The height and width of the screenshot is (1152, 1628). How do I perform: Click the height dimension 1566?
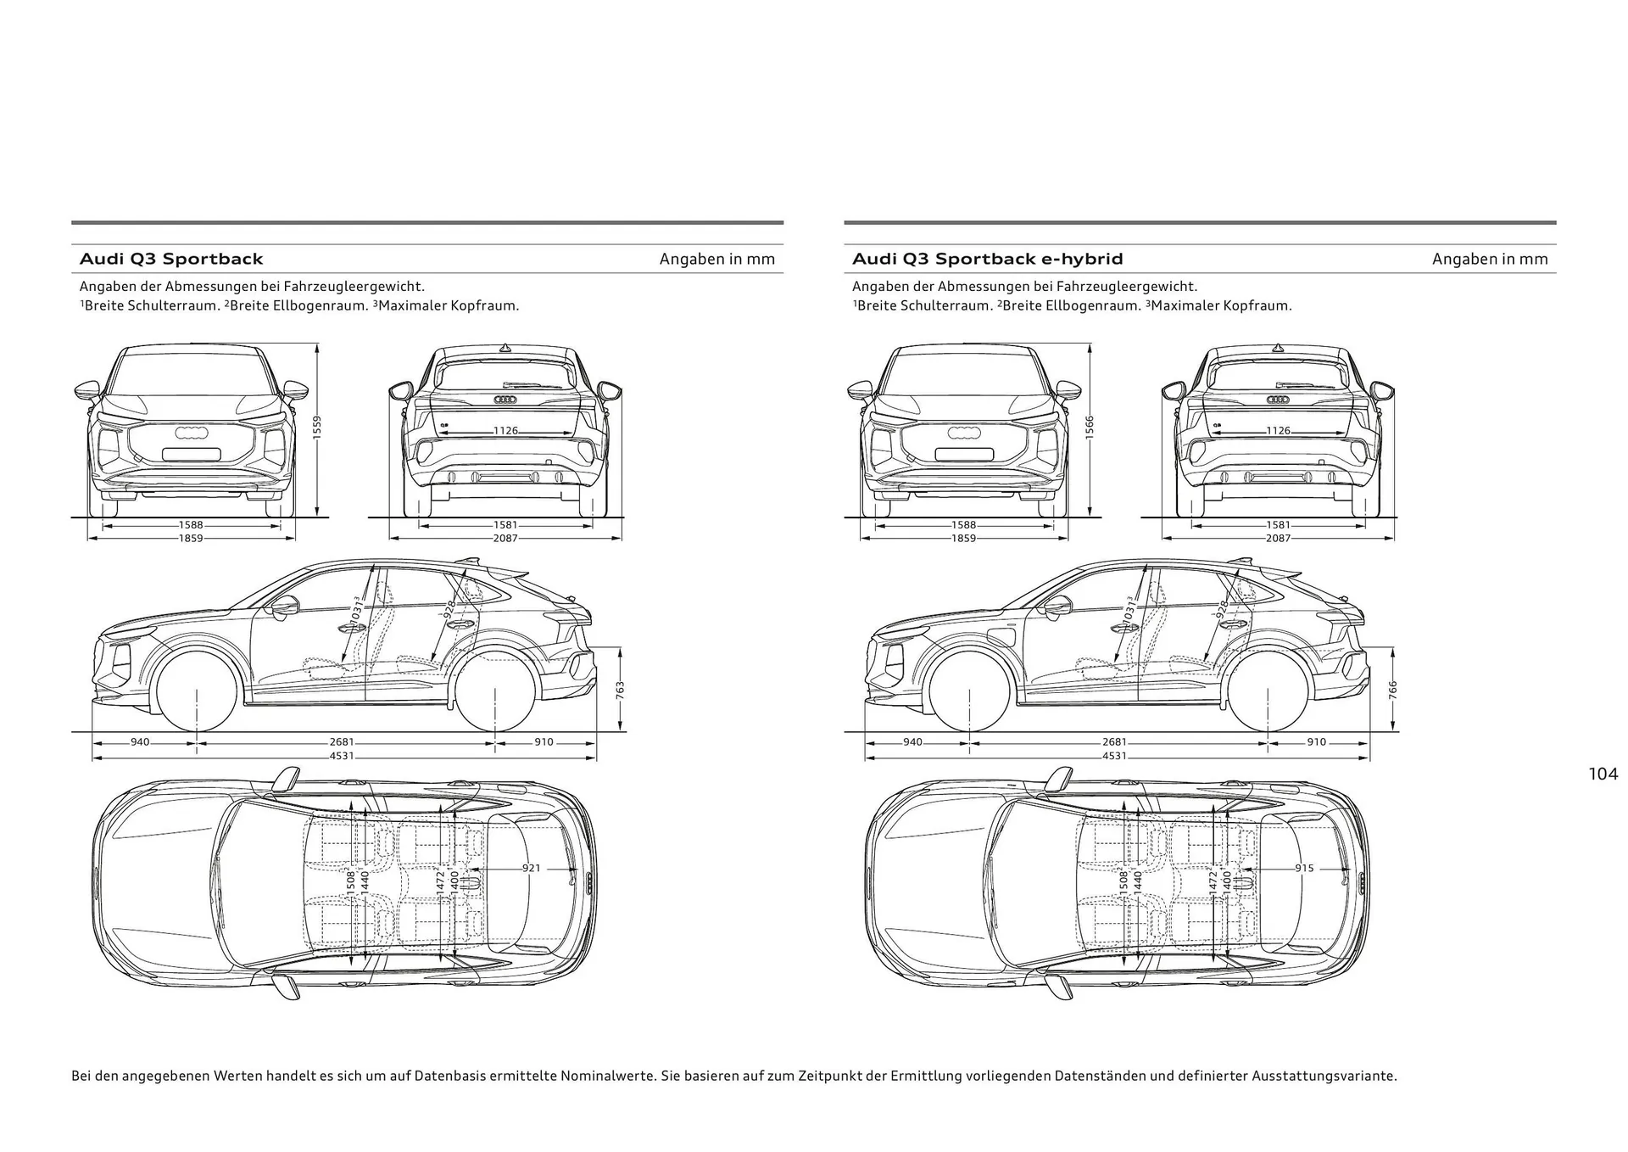(x=1090, y=427)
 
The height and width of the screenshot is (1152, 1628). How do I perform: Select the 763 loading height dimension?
(x=621, y=691)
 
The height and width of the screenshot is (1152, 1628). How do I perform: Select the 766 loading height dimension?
(x=1392, y=691)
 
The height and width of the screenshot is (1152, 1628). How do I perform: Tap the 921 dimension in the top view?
(x=531, y=868)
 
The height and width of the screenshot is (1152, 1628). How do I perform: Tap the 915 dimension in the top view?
(x=1304, y=868)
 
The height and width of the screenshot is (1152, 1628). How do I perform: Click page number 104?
(x=1603, y=774)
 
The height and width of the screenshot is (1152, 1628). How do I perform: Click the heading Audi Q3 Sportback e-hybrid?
(x=987, y=259)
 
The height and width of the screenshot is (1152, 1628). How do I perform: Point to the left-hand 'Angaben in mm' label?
(x=716, y=259)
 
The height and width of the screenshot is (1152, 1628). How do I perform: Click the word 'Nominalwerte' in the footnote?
(x=613, y=1076)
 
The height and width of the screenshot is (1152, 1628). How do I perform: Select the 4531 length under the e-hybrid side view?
(x=1114, y=756)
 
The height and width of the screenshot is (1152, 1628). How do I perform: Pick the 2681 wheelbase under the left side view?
(x=342, y=742)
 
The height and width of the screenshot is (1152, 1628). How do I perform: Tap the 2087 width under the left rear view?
(x=505, y=539)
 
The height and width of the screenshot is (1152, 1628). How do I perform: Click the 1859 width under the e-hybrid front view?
(x=963, y=539)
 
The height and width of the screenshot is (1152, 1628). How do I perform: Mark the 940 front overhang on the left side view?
(x=140, y=742)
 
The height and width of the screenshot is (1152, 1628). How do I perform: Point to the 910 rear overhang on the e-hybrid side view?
(x=1316, y=742)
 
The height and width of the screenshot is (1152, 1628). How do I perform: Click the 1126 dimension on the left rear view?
(x=505, y=431)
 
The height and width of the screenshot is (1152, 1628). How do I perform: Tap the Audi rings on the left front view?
(x=191, y=433)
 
